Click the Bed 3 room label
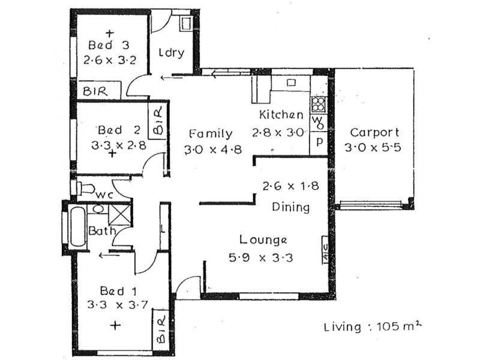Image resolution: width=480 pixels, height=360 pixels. pyautogui.click(x=109, y=46)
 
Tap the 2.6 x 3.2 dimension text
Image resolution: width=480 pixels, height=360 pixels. pyautogui.click(x=110, y=59)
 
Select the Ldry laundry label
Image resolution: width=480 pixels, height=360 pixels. pyautogui.click(x=172, y=53)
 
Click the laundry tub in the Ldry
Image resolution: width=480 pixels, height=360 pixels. pyautogui.click(x=186, y=24)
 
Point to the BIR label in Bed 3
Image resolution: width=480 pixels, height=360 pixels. pyautogui.click(x=95, y=91)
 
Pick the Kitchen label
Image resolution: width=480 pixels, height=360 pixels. pyautogui.click(x=281, y=115)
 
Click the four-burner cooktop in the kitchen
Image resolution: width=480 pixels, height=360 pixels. pyautogui.click(x=319, y=104)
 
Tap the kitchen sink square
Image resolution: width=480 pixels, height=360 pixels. pyautogui.click(x=291, y=83)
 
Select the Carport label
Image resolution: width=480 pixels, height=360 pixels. pyautogui.click(x=374, y=132)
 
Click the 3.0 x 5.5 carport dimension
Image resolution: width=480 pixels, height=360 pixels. pyautogui.click(x=373, y=148)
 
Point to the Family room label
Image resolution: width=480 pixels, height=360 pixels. pyautogui.click(x=211, y=134)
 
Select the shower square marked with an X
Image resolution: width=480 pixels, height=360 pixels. pyautogui.click(x=119, y=215)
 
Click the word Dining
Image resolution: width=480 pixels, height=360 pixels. pyautogui.click(x=291, y=207)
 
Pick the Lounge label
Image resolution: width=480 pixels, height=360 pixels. pyautogui.click(x=263, y=241)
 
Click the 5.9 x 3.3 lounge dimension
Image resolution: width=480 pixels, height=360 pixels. pyautogui.click(x=261, y=257)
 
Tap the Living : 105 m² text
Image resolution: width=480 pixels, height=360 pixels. pyautogui.click(x=373, y=326)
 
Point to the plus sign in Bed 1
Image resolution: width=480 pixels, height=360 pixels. pyautogui.click(x=115, y=325)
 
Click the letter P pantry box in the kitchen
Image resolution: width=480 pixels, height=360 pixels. pyautogui.click(x=319, y=143)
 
